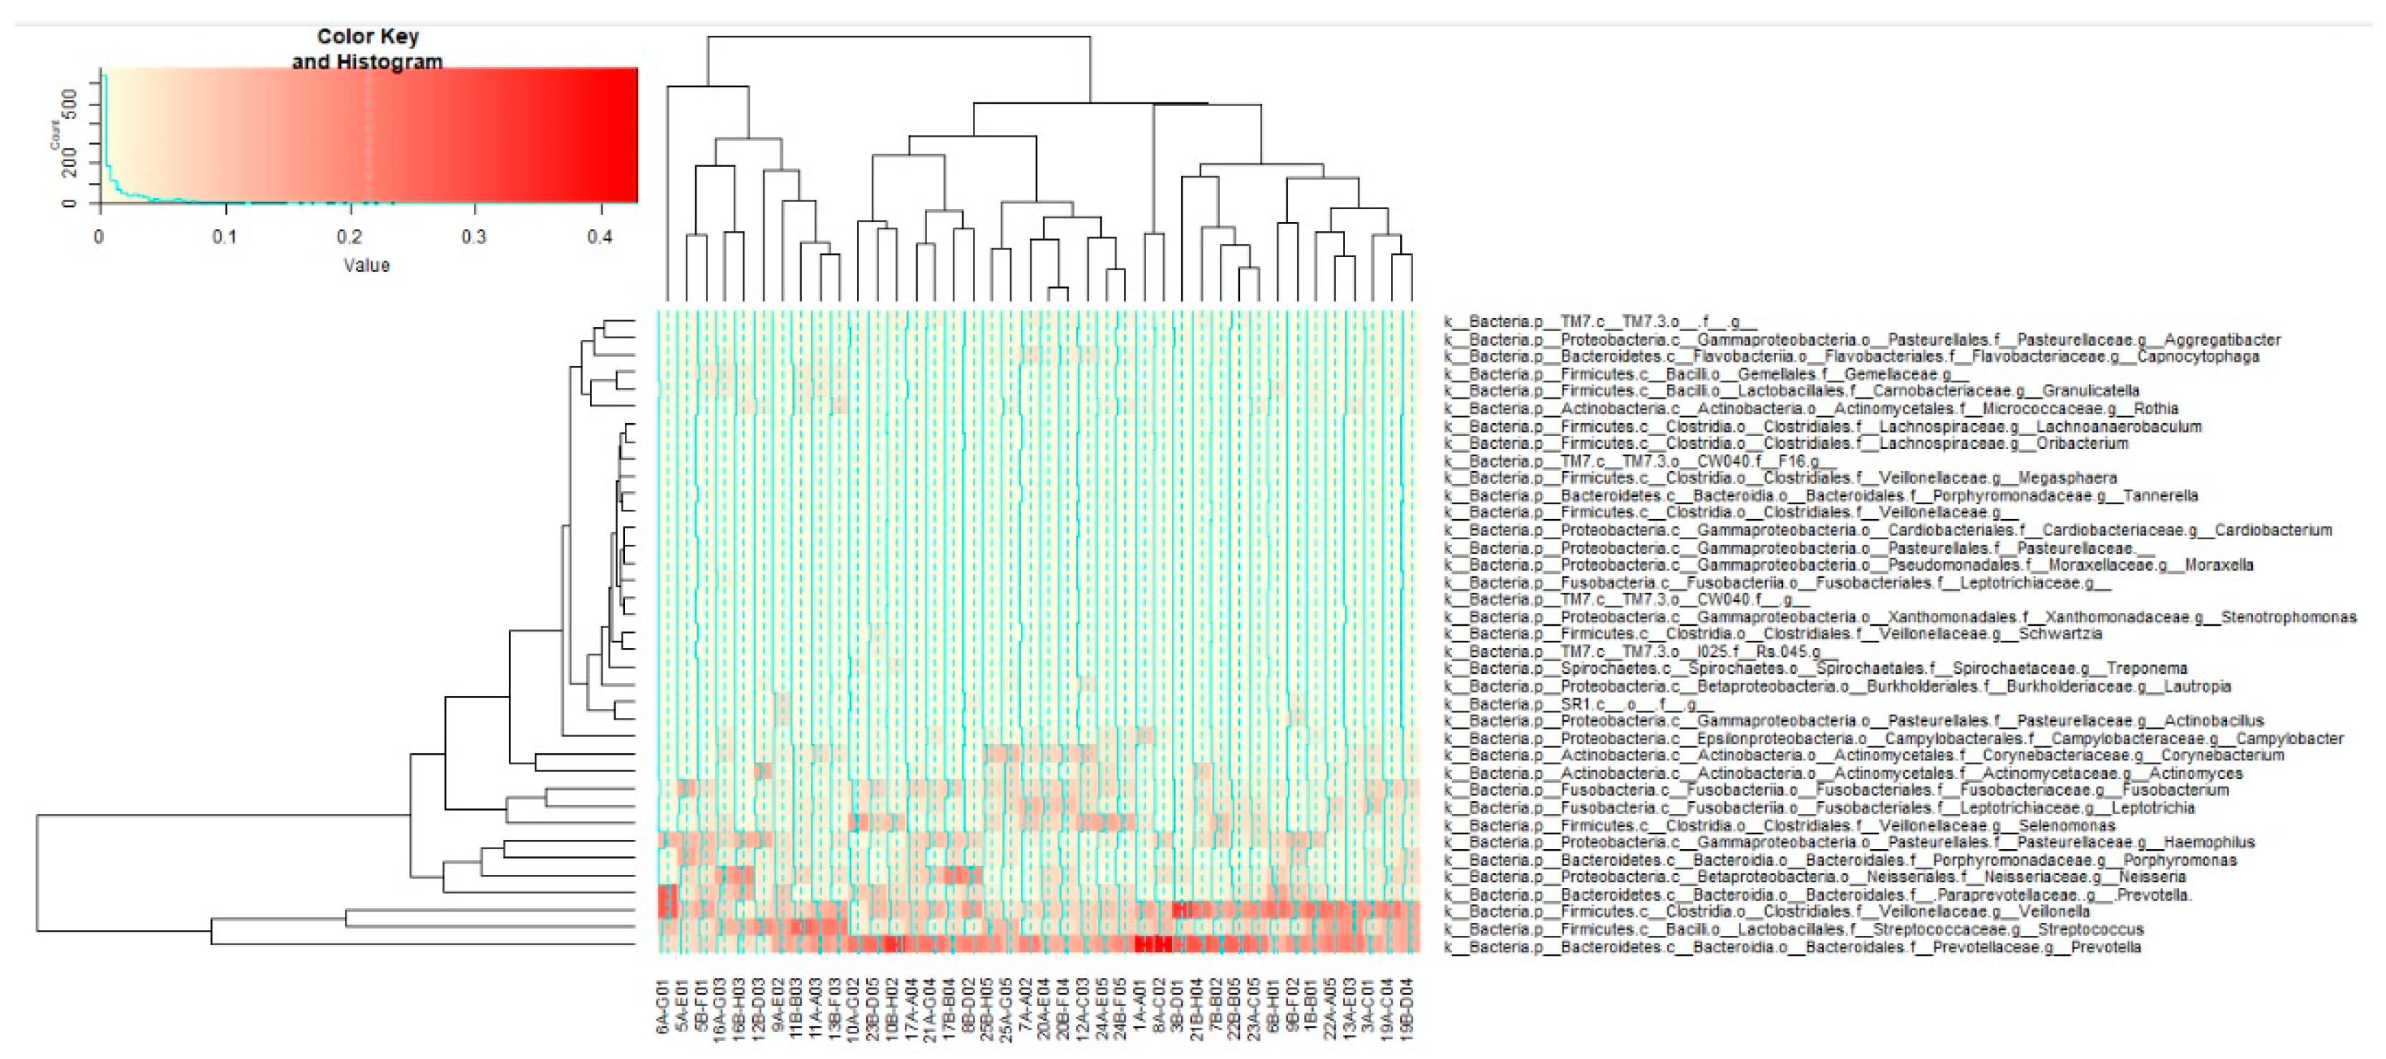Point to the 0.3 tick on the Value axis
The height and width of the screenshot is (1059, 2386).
click(474, 236)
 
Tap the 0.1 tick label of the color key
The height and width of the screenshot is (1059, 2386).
click(224, 236)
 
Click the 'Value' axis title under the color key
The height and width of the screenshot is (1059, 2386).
click(367, 265)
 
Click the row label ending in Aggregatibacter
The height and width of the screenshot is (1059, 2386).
click(1862, 340)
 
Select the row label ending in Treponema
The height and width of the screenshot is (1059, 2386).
click(1815, 669)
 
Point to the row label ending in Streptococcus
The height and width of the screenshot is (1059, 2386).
click(1793, 929)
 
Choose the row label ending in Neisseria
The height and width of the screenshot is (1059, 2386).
click(1813, 876)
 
